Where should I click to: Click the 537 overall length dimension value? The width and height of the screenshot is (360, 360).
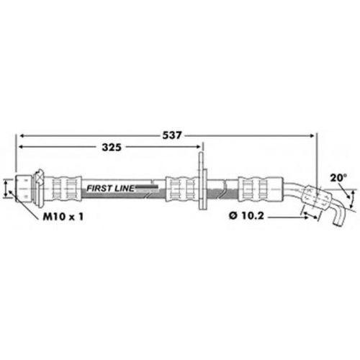point(171,135)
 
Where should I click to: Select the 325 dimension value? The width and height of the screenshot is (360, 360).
point(112,148)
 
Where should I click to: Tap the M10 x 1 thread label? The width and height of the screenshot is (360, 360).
point(63,217)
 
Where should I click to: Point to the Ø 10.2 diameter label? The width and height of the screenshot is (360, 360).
point(246,216)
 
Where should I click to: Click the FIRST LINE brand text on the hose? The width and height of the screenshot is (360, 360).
point(110,189)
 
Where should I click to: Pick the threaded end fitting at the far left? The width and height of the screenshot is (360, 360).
point(24,189)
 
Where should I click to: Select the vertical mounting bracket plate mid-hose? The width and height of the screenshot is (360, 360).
point(202,181)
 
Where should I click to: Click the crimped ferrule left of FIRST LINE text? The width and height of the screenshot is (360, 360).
point(66,189)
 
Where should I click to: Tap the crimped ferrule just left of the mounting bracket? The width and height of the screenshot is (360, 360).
point(182,189)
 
